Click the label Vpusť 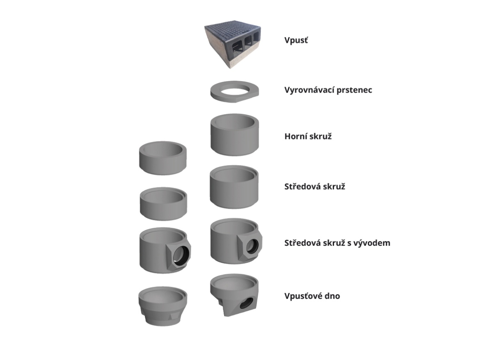click(296, 40)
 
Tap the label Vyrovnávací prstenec click(328, 90)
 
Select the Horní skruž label click(308, 137)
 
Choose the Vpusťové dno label click(312, 296)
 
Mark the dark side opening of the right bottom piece click(247, 303)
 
